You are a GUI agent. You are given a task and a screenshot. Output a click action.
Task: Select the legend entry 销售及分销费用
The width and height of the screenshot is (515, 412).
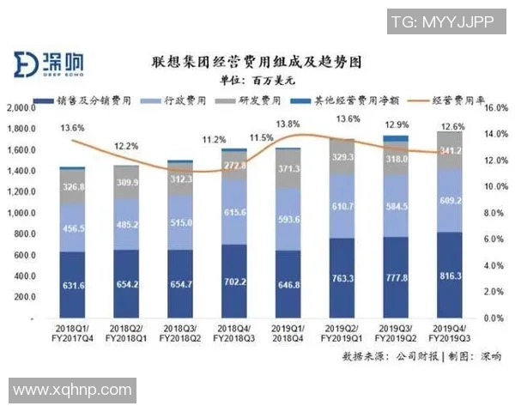82,100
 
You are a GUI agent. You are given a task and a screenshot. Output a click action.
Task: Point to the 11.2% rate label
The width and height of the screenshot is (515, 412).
215,139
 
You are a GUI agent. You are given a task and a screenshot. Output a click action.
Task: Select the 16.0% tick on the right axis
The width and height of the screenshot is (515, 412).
496,109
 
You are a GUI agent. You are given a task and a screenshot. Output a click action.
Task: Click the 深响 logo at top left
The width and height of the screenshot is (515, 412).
42,63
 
